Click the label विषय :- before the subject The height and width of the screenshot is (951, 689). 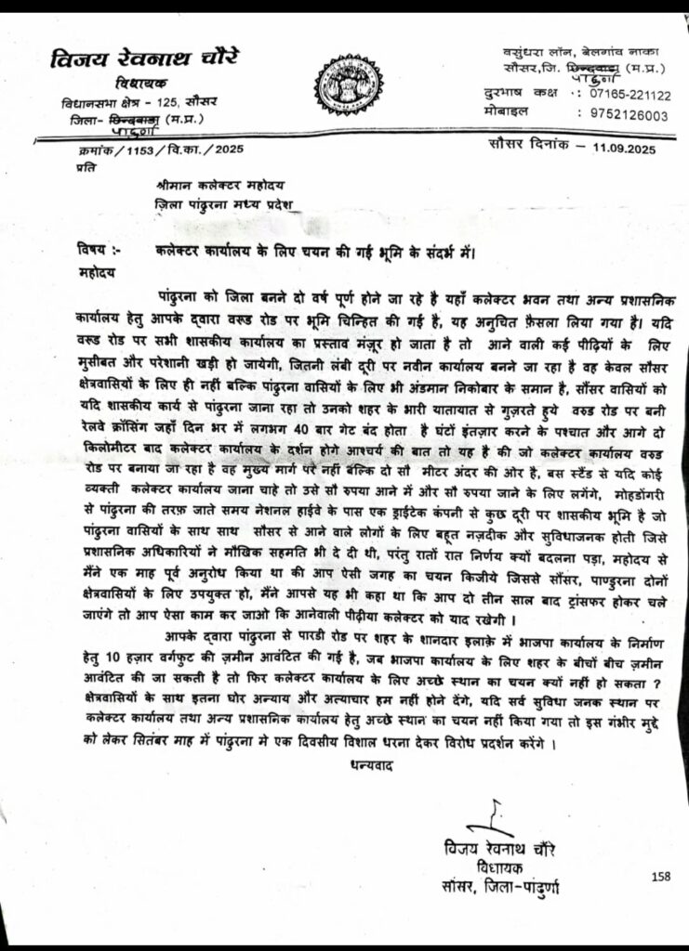click(x=99, y=248)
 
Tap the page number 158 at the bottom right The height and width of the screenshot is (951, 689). click(x=661, y=876)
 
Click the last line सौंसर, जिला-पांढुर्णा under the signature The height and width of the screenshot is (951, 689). click(x=501, y=888)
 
